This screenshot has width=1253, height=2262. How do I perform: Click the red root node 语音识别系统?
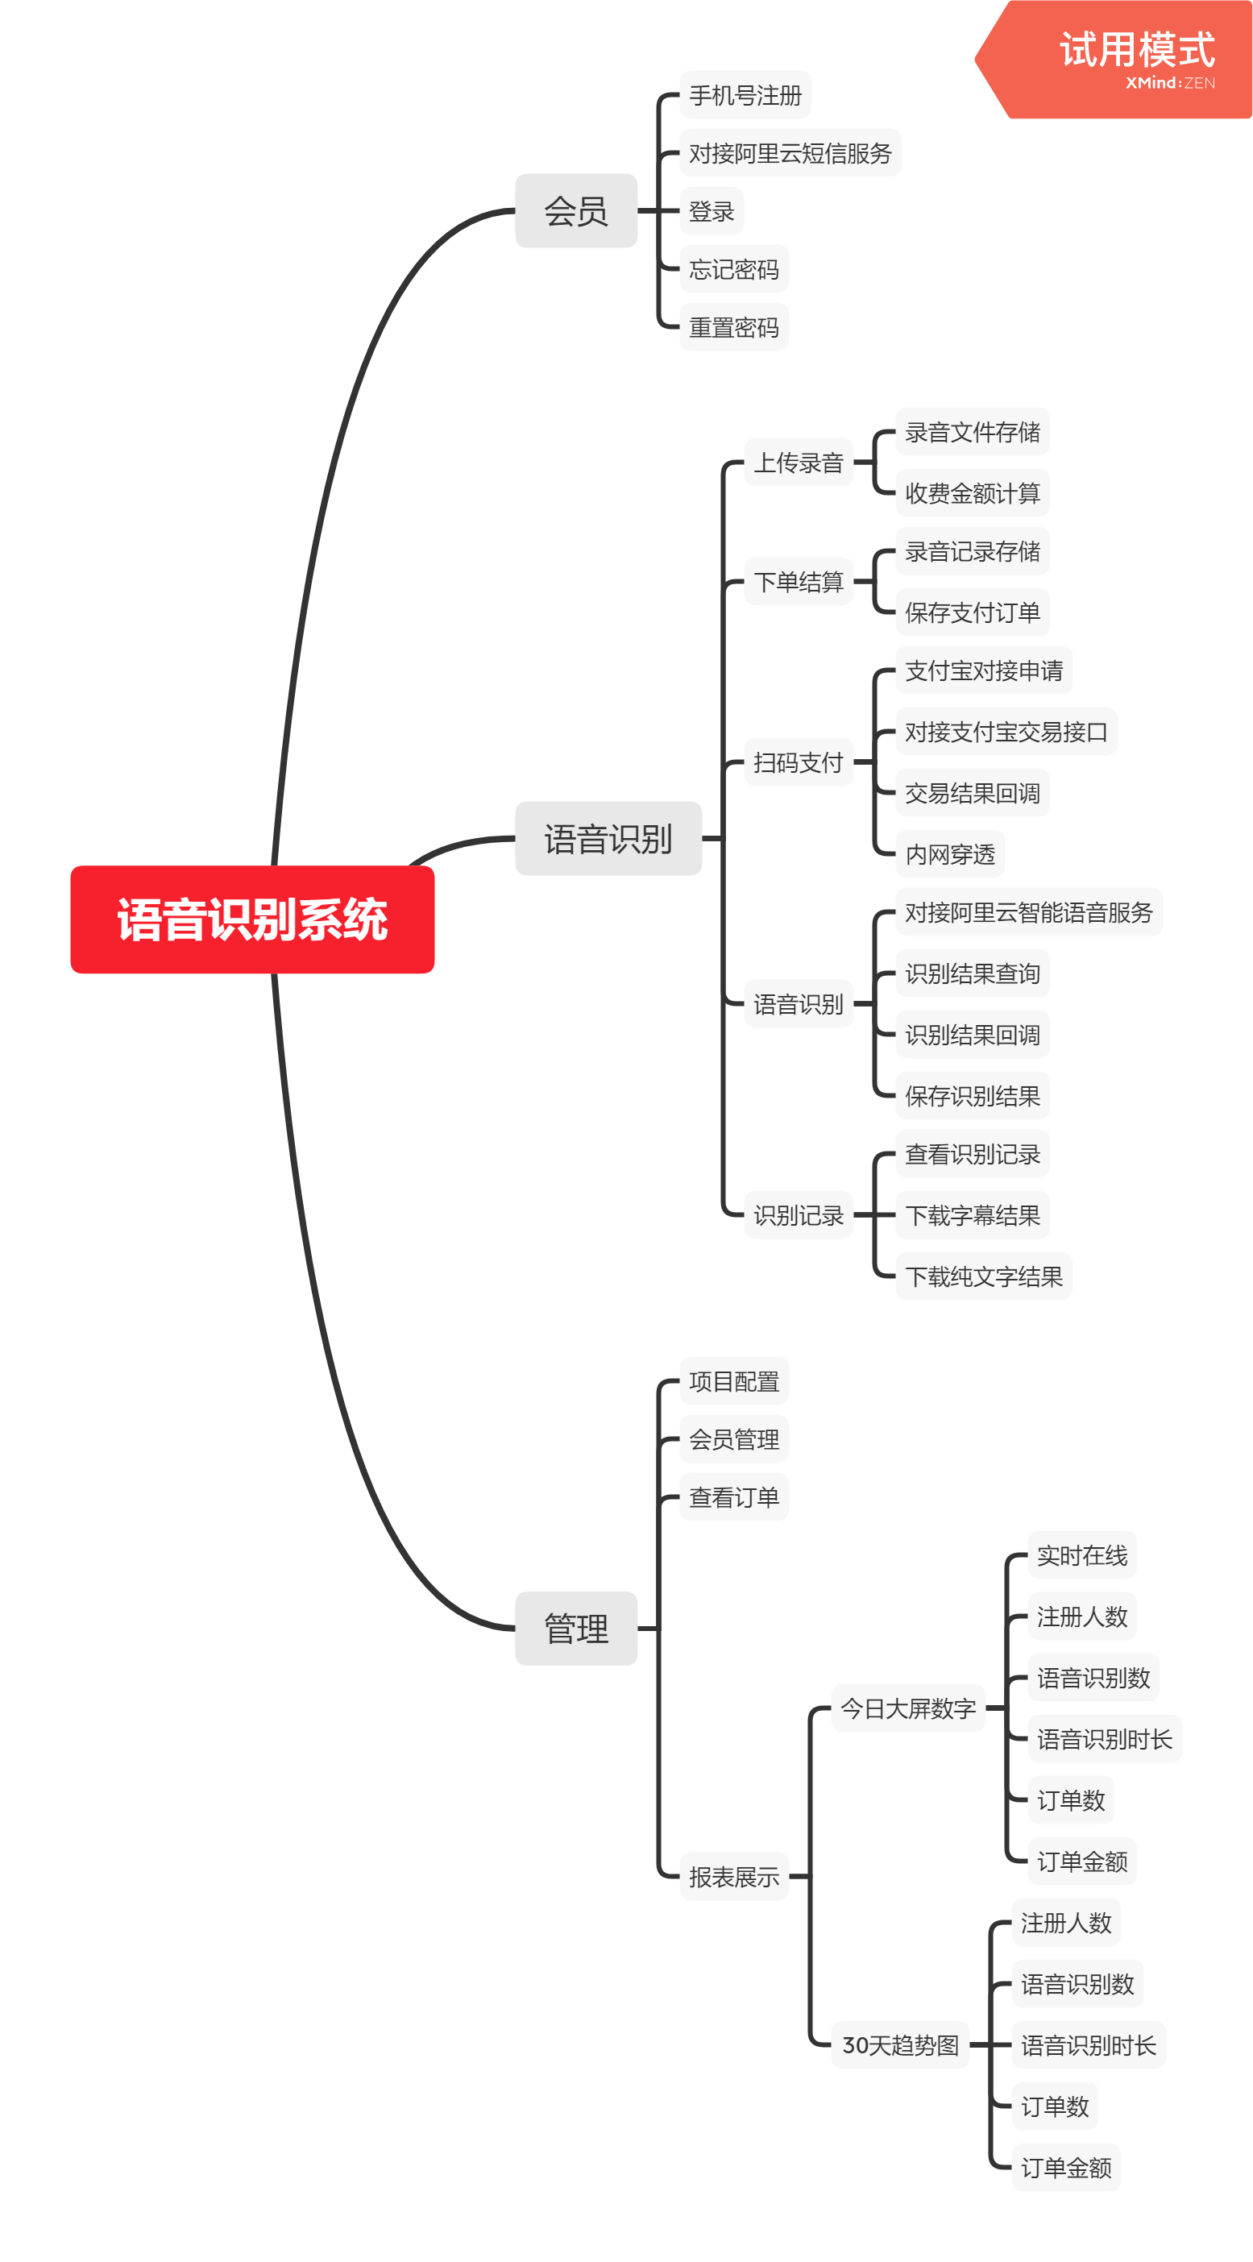[x=252, y=919]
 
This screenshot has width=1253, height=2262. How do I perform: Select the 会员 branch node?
[x=576, y=211]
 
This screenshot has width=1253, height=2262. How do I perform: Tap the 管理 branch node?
[x=576, y=1628]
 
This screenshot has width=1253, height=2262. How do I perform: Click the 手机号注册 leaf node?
[x=745, y=95]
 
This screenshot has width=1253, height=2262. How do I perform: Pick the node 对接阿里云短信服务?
[x=790, y=153]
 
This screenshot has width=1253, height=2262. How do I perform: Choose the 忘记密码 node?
[x=733, y=268]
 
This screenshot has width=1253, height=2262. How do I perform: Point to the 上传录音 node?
[x=799, y=462]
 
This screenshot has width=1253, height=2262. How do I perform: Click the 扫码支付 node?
[x=799, y=762]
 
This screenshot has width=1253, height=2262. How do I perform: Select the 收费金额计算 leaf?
[x=972, y=492]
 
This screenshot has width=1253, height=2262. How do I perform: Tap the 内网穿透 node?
[x=949, y=853]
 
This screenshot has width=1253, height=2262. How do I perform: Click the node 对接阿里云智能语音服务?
[x=1028, y=912]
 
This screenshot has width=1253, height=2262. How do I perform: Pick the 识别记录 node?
[x=799, y=1214]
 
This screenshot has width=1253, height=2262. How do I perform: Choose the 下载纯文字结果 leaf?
[x=983, y=1276]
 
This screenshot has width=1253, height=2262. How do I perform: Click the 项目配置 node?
[x=733, y=1381]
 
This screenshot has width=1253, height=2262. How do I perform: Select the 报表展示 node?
[x=733, y=1877]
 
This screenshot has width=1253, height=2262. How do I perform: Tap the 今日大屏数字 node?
[x=908, y=1708]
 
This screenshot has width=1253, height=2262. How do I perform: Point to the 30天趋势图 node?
[x=900, y=2045]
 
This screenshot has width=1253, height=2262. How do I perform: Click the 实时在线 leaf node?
[x=1082, y=1555]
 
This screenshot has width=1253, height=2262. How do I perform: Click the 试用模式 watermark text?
[x=1137, y=50]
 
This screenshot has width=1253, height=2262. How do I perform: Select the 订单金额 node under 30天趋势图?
[x=1066, y=2167]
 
